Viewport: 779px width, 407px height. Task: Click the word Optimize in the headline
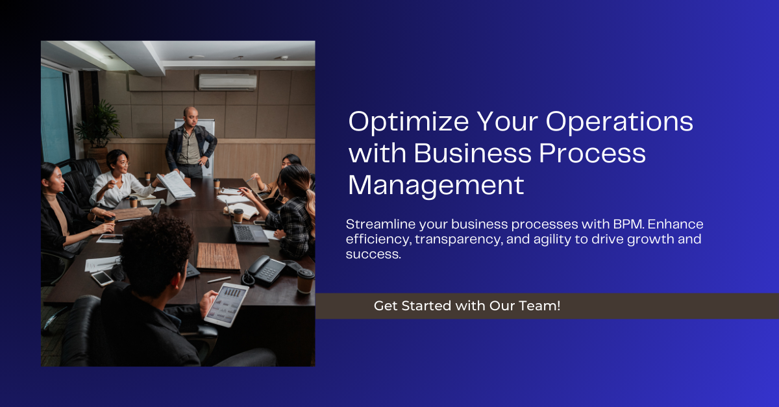coord(408,123)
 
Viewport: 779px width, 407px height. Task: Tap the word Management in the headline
coord(436,186)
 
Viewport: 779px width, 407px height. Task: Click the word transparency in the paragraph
coord(459,240)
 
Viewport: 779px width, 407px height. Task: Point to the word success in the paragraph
coord(373,254)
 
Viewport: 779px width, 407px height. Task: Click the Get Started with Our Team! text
coord(467,306)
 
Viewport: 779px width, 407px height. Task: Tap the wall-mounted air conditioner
coord(228,82)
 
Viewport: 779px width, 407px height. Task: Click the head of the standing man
coord(191,117)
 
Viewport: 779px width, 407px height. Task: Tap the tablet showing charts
coord(227,304)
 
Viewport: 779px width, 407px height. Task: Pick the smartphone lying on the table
coord(103,278)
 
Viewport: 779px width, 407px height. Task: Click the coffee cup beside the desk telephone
coord(305,280)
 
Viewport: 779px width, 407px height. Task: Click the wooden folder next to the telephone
coord(218,256)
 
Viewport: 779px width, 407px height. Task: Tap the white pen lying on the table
coord(219,280)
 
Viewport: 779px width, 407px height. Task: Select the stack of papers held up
coord(176,186)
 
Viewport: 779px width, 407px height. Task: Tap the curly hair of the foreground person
coord(156,249)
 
